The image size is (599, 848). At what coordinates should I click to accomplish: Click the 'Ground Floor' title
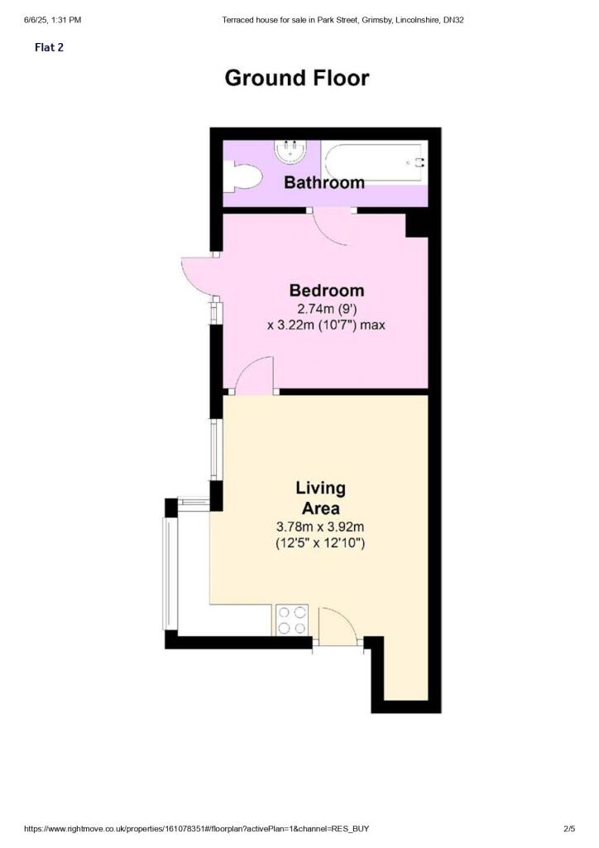pyautogui.click(x=297, y=79)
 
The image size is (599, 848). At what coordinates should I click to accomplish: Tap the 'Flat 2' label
pyautogui.click(x=49, y=47)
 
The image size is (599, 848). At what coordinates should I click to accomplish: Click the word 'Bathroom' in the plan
pyautogui.click(x=324, y=182)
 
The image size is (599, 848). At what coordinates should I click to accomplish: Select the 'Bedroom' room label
pyautogui.click(x=326, y=291)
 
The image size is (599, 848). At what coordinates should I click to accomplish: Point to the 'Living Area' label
pyautogui.click(x=320, y=498)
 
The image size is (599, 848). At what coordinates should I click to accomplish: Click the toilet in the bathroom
pyautogui.click(x=243, y=175)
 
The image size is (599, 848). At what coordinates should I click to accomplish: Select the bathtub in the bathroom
pyautogui.click(x=374, y=163)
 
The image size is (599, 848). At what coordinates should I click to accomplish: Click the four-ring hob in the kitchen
pyautogui.click(x=290, y=620)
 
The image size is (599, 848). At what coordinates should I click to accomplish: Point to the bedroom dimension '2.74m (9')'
pyautogui.click(x=326, y=308)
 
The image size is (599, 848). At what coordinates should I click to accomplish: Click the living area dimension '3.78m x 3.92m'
pyautogui.click(x=320, y=527)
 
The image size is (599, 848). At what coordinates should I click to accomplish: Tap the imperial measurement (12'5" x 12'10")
pyautogui.click(x=320, y=544)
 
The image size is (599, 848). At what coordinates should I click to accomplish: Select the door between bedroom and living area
pyautogui.click(x=256, y=374)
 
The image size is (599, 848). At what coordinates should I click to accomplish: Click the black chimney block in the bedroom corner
pyautogui.click(x=416, y=224)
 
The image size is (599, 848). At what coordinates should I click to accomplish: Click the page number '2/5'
pyautogui.click(x=568, y=829)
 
